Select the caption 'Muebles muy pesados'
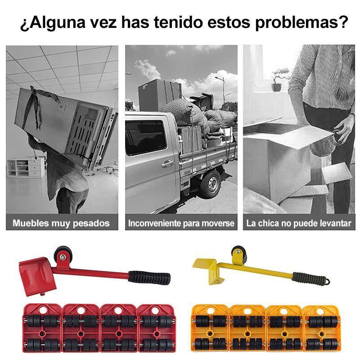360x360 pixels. (61, 223)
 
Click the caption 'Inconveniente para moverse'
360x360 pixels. (181, 223)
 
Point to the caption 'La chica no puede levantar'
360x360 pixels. (299, 223)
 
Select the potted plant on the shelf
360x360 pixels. (281, 79)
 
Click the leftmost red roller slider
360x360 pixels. (41, 328)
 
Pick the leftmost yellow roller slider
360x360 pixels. (210, 328)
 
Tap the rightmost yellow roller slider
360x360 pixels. (322, 328)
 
